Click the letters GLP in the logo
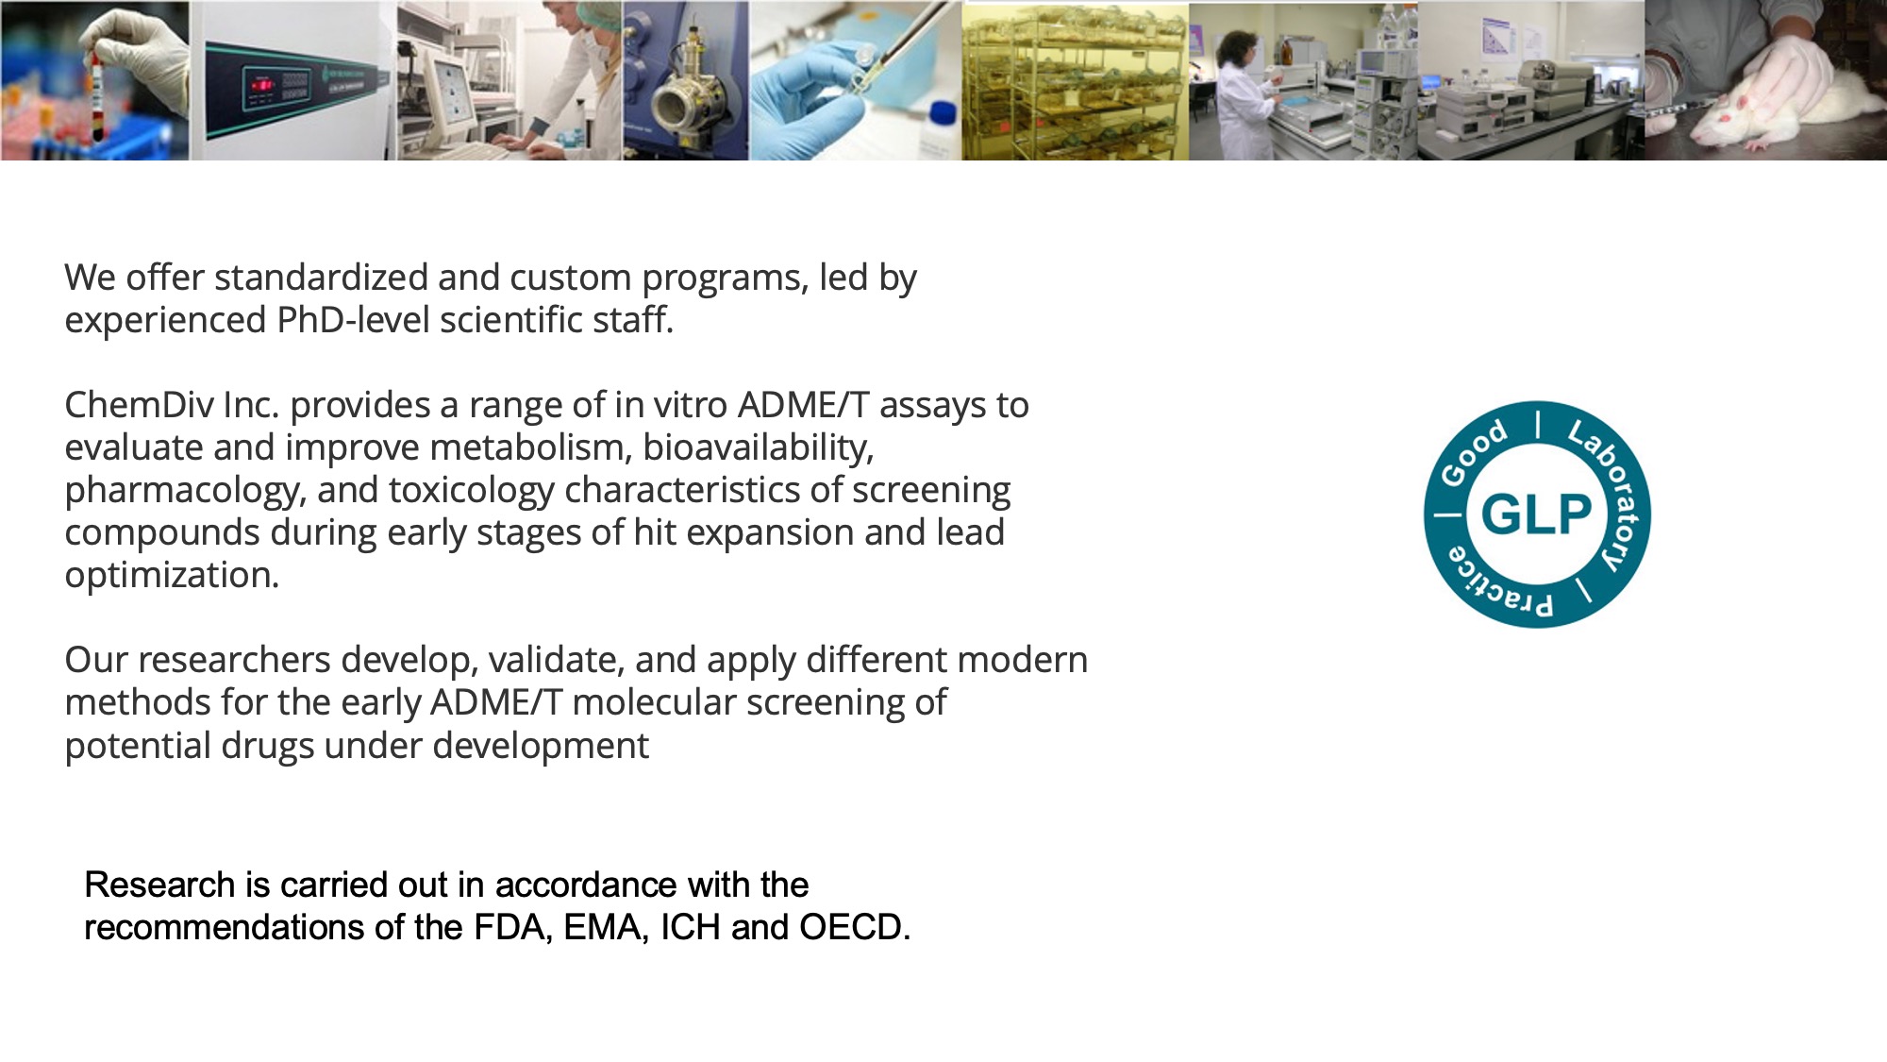1536,514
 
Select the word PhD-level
354,320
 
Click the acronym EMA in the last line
606,927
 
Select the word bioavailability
759,447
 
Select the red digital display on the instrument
262,85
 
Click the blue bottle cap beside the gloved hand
943,113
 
